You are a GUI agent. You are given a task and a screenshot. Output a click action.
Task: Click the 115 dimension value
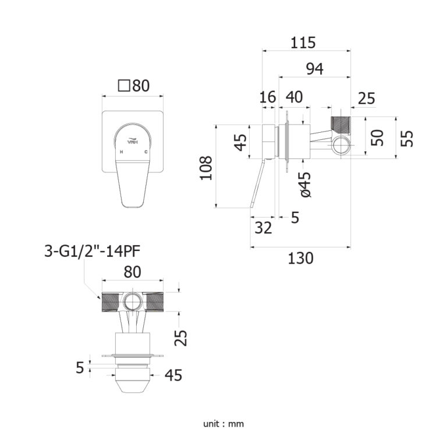point(303,43)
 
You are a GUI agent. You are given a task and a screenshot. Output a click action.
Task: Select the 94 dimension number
point(314,69)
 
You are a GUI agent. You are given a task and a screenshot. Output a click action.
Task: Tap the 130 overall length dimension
point(300,258)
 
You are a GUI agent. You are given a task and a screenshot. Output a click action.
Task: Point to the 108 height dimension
point(207,168)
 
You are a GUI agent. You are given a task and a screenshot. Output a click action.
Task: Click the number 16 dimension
point(267,97)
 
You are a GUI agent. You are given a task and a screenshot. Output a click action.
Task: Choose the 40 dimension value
point(295,97)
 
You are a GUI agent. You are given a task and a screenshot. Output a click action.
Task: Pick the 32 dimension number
point(264,228)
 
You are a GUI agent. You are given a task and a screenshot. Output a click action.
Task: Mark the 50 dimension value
point(378,138)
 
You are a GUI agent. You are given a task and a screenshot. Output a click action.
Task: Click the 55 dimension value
point(408,138)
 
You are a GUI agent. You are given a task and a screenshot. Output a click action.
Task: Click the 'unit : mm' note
point(223,424)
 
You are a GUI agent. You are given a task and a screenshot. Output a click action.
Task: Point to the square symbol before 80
point(123,86)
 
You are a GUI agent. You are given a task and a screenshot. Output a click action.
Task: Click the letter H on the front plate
point(121,152)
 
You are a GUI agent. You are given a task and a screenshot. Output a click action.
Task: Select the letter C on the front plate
point(146,152)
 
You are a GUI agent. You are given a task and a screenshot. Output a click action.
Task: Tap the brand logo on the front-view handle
point(133,140)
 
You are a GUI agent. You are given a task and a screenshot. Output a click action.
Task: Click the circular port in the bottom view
point(132,301)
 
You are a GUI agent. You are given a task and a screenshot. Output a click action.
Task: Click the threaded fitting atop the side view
point(340,123)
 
